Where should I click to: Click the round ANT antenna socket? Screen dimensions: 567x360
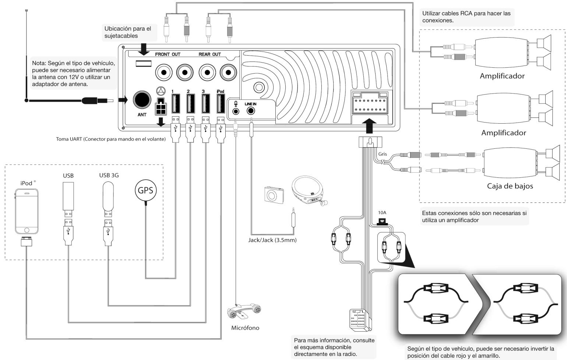(142, 100)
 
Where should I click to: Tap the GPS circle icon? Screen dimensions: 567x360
(145, 190)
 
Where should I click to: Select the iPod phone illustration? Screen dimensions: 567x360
(27, 212)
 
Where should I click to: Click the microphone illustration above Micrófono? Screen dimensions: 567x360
(244, 311)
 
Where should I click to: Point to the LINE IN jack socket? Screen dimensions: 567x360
(251, 111)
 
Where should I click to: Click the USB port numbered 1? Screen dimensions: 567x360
(176, 103)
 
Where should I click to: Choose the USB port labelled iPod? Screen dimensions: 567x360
(221, 103)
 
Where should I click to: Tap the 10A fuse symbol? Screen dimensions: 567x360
(382, 222)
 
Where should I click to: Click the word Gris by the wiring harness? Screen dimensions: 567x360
(383, 154)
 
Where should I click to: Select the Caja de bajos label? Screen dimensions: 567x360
(510, 186)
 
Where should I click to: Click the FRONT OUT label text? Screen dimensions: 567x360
(168, 54)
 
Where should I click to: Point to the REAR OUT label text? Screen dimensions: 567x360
(209, 54)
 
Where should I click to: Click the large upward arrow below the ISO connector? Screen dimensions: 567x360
(369, 126)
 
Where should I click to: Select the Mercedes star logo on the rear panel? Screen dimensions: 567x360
(161, 91)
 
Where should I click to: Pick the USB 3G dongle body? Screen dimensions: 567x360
(108, 197)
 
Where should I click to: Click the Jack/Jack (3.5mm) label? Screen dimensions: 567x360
(272, 240)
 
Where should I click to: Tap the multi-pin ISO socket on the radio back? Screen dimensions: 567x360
(370, 103)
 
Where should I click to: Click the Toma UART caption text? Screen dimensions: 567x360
(111, 139)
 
